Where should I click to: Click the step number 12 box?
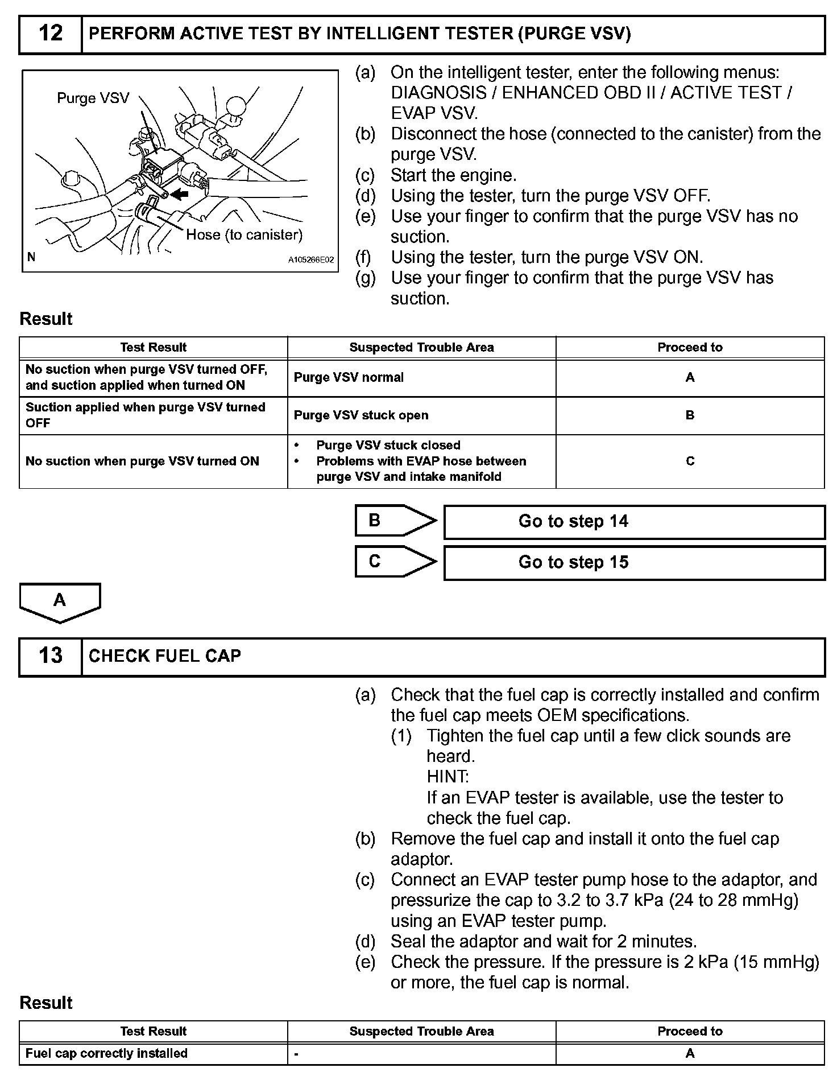coord(51,34)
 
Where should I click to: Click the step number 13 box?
coord(51,656)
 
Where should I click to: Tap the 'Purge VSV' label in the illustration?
coord(93,98)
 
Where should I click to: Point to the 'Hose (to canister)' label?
coord(245,234)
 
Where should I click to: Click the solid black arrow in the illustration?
coord(180,194)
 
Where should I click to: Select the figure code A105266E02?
coord(310,260)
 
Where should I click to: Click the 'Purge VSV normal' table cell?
coord(349,378)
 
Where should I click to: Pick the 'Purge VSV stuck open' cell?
coord(361,415)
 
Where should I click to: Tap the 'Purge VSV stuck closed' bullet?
coord(388,446)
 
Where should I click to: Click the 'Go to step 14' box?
coord(634,522)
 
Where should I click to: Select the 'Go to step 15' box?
coord(634,563)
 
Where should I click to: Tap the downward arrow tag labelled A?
coord(60,601)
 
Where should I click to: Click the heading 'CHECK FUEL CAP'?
coord(165,656)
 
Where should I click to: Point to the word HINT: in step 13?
coord(448,777)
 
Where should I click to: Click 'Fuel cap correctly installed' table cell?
coord(107,1053)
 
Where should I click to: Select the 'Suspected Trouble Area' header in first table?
coord(421,348)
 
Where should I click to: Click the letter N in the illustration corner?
coord(31,257)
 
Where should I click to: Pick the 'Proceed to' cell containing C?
coord(690,461)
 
